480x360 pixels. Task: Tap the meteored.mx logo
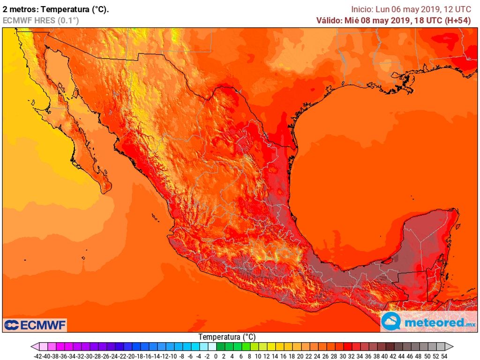[x=429, y=322]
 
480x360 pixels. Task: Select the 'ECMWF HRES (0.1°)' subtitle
[x=41, y=20]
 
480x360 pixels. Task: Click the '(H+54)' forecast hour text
[x=464, y=20]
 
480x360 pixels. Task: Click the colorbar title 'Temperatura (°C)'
[x=227, y=337]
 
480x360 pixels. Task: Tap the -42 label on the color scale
[x=39, y=356]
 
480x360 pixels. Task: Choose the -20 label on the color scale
[x=132, y=356]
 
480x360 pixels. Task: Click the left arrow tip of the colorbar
[x=32, y=347]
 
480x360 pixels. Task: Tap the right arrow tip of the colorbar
[x=453, y=347]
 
